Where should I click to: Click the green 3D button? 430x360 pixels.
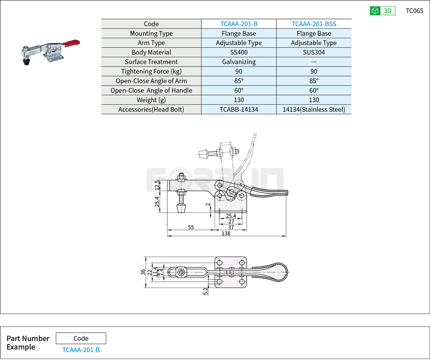click(x=382, y=11)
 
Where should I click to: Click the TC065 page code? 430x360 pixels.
click(x=414, y=11)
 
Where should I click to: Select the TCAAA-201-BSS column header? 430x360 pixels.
click(x=314, y=24)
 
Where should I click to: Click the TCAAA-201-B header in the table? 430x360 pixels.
click(x=239, y=24)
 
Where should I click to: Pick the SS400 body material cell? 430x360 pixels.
click(x=239, y=52)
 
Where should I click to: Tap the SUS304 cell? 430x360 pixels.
click(x=314, y=52)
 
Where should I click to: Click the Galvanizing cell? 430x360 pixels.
click(x=239, y=62)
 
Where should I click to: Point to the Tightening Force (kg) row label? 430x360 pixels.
click(x=151, y=71)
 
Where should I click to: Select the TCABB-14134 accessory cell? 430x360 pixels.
click(x=239, y=109)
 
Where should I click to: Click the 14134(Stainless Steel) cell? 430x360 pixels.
click(x=314, y=109)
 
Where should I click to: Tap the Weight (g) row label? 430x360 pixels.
click(x=151, y=100)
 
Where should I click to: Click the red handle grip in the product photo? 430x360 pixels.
click(x=71, y=44)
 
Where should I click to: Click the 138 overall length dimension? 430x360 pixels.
click(x=226, y=233)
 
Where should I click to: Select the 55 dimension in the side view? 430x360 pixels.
click(x=191, y=227)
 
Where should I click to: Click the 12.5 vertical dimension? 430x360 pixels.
click(x=157, y=185)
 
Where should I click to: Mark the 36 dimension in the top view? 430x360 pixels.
click(x=143, y=272)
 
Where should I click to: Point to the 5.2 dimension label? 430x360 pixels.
click(x=206, y=291)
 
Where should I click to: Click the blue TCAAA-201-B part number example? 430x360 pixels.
click(x=81, y=350)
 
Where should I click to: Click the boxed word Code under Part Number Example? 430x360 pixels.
click(x=81, y=338)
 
